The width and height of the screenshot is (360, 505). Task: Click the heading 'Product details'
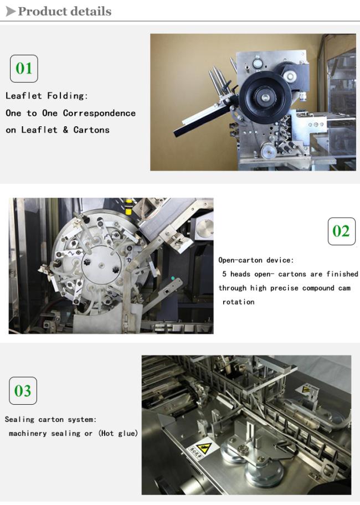65,11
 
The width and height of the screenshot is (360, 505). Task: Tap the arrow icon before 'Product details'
11,11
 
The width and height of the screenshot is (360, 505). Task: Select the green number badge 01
24,69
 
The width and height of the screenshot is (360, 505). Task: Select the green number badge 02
341,231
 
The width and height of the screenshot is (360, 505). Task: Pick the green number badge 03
23,391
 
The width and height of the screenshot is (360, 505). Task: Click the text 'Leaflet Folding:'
47,96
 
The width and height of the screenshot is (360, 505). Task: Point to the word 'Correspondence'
99,113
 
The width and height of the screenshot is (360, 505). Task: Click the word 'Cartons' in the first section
91,130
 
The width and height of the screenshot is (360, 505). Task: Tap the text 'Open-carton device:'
256,260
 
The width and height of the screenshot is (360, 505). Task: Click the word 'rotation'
238,302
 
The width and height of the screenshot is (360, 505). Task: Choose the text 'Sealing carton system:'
50,419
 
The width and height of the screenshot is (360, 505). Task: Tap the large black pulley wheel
265,96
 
